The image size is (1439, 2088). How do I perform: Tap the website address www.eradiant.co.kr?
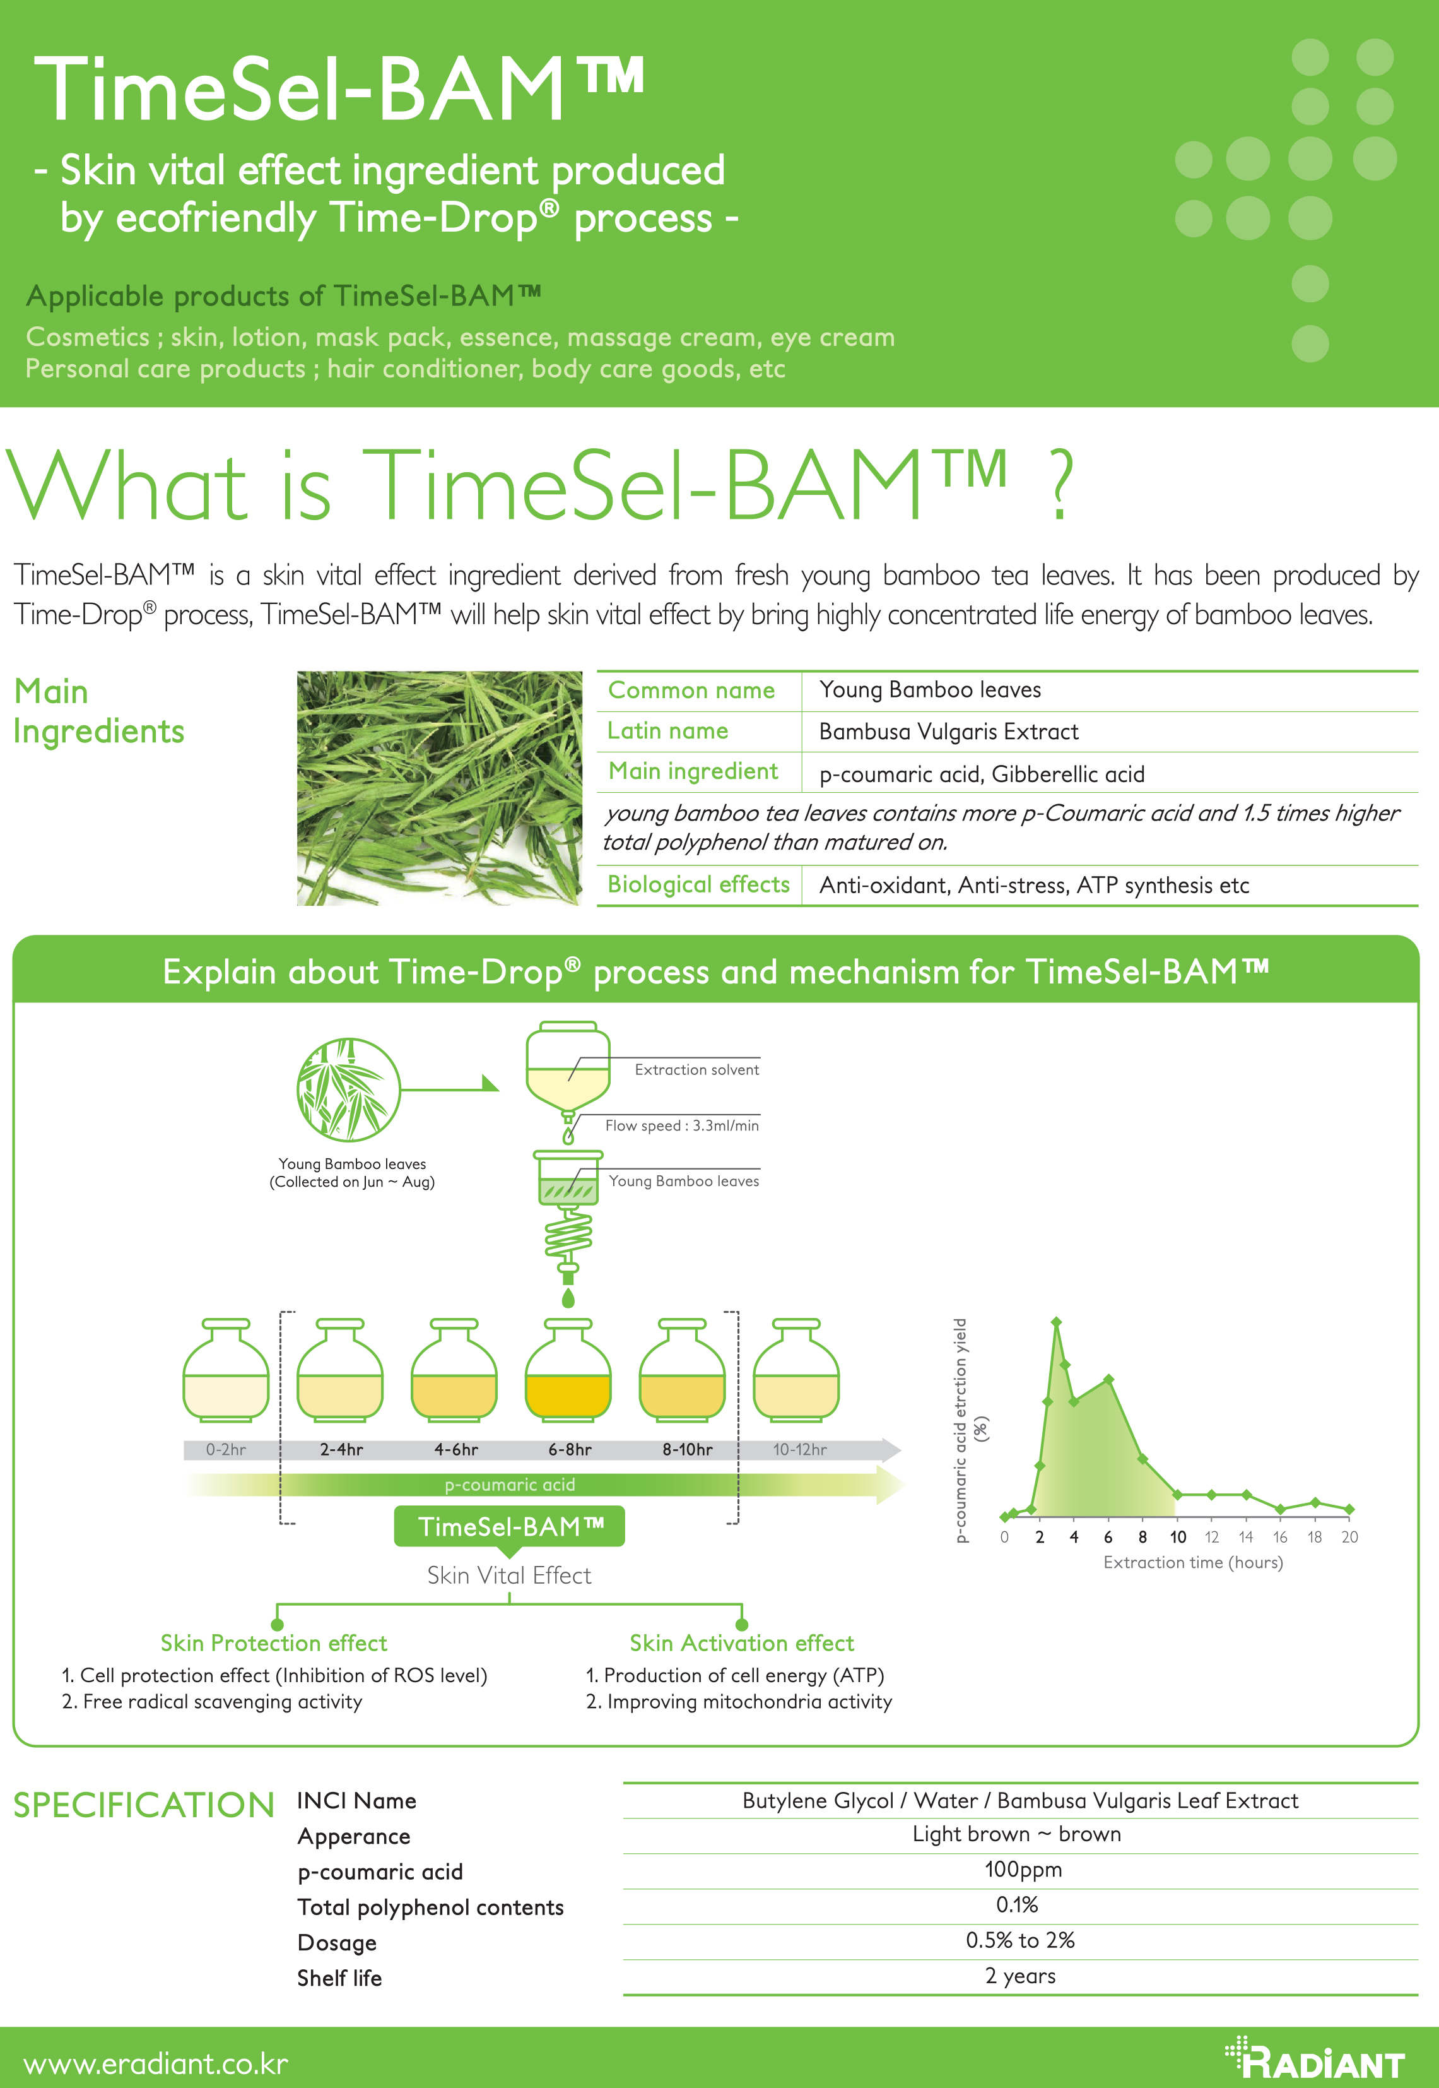coord(155,2063)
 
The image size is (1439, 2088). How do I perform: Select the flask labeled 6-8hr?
coord(568,1369)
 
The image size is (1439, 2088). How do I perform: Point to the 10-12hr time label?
coord(800,1449)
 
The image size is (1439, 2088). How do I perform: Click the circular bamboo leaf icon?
coord(349,1089)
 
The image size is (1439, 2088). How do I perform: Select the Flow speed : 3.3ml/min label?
coord(681,1125)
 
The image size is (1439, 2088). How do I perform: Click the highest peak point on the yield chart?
coord(1057,1322)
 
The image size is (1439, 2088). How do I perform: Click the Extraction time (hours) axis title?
coord(1193,1562)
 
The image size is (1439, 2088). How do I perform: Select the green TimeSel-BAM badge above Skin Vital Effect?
coord(509,1527)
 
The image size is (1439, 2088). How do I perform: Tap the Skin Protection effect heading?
coord(274,1644)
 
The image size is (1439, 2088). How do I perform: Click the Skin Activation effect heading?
coord(741,1644)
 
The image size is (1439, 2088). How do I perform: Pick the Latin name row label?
coord(668,730)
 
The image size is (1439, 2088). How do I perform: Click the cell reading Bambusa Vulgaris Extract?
coord(949,732)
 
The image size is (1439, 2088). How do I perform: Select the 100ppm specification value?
coord(1023,1870)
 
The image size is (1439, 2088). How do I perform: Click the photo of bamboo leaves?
coord(440,788)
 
